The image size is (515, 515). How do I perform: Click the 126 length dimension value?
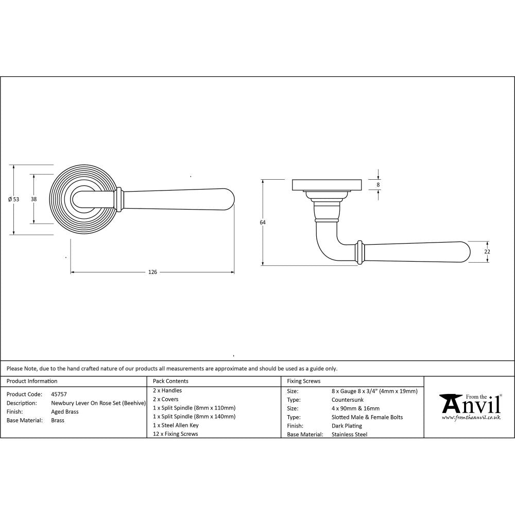(x=152, y=272)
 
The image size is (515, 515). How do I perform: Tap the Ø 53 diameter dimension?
(x=14, y=199)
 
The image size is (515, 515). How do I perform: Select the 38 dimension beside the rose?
(x=33, y=199)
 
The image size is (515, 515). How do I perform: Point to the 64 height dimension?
(x=263, y=222)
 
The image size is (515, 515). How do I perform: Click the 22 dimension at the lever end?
(x=487, y=252)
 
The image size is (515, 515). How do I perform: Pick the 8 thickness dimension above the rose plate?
(x=379, y=184)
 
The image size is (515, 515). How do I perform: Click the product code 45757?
(x=59, y=394)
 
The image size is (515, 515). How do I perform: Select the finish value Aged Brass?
(x=65, y=411)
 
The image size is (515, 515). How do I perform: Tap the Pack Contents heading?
(x=170, y=381)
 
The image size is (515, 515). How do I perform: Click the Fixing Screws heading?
(x=303, y=381)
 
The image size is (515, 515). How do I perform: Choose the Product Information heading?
(x=32, y=381)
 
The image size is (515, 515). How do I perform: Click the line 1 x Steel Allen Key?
(x=176, y=425)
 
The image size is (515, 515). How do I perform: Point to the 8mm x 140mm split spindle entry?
(x=194, y=416)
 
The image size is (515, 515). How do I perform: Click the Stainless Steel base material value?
(x=350, y=435)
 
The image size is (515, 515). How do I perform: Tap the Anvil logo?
(x=470, y=405)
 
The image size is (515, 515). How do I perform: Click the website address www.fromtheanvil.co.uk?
(x=471, y=418)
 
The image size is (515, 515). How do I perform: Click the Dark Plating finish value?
(x=347, y=426)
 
